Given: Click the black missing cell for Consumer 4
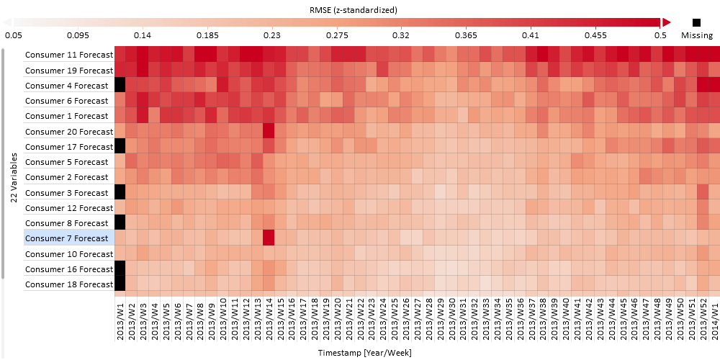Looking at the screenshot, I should pos(120,85).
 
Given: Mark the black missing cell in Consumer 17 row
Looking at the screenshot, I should pos(120,146).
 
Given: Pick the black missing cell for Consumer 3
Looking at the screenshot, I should pos(120,192).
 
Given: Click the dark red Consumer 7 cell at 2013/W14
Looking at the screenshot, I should pos(269,238).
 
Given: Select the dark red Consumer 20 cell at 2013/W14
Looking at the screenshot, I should pos(269,131).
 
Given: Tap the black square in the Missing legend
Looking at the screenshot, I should pos(696,22).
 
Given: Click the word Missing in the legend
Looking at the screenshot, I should pos(697,35).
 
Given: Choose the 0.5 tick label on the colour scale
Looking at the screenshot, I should pos(660,35).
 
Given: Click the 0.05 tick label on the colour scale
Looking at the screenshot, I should pos(14,35).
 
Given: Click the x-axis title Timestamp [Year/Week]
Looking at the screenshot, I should pos(364,353).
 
